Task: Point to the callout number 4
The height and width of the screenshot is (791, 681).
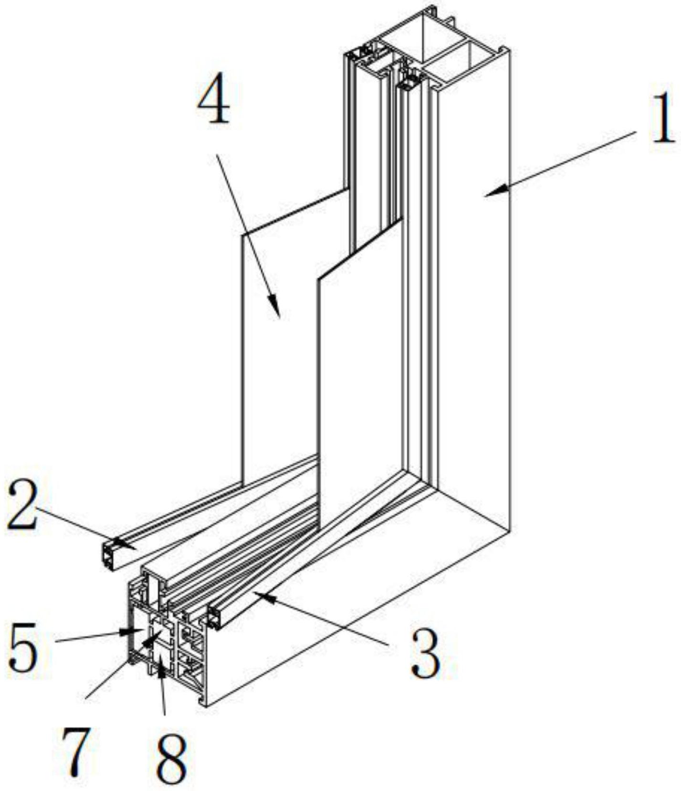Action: point(213,99)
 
